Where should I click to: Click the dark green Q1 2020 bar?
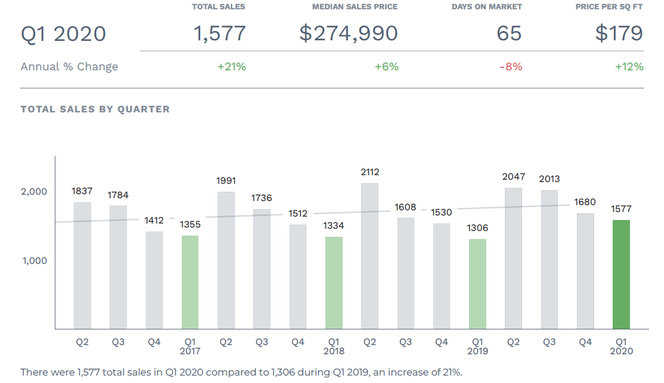coord(621,274)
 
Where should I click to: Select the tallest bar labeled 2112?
coord(370,256)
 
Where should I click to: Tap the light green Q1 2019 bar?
coord(478,283)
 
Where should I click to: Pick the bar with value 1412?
coord(154,280)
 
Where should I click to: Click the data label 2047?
coord(513,177)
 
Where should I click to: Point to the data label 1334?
coord(333,226)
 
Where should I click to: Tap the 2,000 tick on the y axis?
coord(35,192)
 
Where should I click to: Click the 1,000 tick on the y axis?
coord(35,261)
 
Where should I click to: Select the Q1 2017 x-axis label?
coord(190,346)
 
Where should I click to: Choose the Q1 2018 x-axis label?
coord(333,346)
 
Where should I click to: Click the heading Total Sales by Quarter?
coord(95,109)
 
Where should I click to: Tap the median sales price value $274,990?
coord(348,33)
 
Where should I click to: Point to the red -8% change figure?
coord(511,67)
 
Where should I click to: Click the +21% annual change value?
coord(231,67)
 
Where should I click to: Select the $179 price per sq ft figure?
coord(619,33)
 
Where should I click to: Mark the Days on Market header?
coord(487,7)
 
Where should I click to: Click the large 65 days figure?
coord(509,33)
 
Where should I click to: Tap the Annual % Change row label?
coord(69,67)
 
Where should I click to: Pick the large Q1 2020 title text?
coord(63,34)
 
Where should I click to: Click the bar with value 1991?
coord(226,260)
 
